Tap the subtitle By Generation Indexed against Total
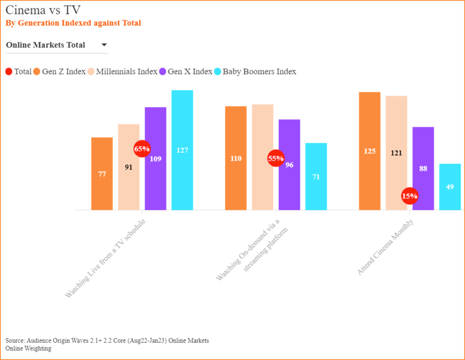pyautogui.click(x=73, y=23)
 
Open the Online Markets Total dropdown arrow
pyautogui.click(x=104, y=45)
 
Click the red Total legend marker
pyautogui.click(x=9, y=71)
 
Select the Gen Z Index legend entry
pyautogui.click(x=59, y=71)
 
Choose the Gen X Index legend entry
pyautogui.click(x=186, y=71)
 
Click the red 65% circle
pyautogui.click(x=142, y=149)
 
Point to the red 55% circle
pyautogui.click(x=276, y=159)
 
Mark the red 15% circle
pyautogui.click(x=410, y=196)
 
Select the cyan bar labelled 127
pyautogui.click(x=182, y=150)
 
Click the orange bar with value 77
pyautogui.click(x=102, y=174)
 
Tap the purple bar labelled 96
pyautogui.click(x=289, y=165)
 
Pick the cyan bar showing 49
pyautogui.click(x=450, y=187)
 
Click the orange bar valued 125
pyautogui.click(x=370, y=151)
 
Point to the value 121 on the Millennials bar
pyautogui.click(x=396, y=153)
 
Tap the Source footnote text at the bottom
pyautogui.click(x=107, y=340)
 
